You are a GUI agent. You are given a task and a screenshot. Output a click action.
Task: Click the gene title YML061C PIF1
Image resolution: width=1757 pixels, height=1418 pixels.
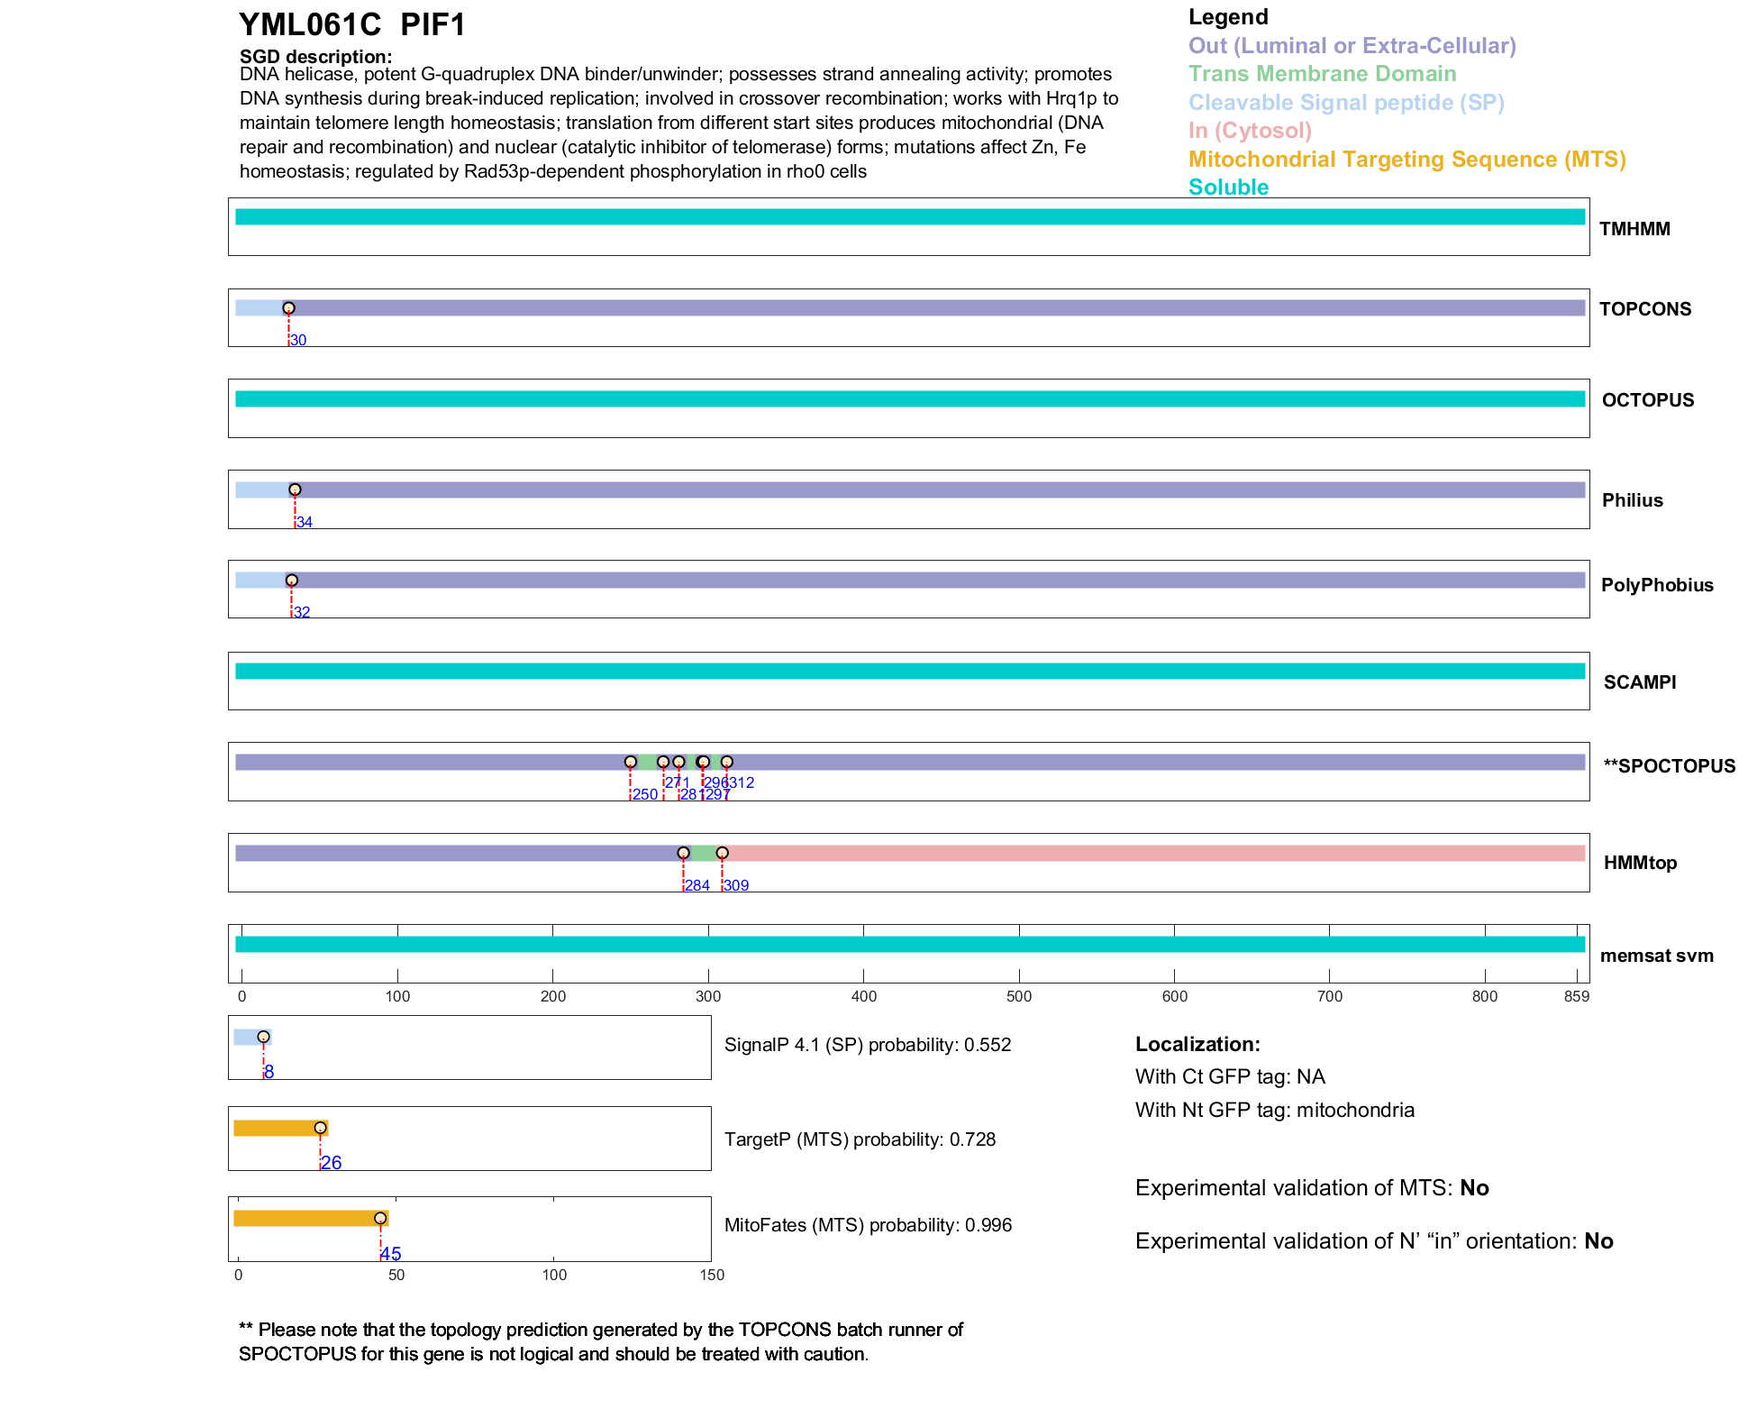click(x=352, y=25)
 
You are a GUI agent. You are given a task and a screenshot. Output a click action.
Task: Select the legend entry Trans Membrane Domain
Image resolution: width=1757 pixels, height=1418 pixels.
click(x=1322, y=74)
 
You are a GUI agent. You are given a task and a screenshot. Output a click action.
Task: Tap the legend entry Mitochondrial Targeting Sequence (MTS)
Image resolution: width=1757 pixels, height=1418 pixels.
click(x=1407, y=160)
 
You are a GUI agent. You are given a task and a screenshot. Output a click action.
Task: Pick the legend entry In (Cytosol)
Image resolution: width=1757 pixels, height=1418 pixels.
click(x=1250, y=131)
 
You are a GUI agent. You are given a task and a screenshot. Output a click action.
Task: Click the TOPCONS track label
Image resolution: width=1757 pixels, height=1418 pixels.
click(x=1644, y=309)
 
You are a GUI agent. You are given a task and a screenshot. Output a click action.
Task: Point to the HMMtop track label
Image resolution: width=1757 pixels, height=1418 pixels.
click(x=1640, y=863)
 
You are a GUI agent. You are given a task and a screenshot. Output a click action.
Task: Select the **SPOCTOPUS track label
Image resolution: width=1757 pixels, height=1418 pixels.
click(x=1669, y=766)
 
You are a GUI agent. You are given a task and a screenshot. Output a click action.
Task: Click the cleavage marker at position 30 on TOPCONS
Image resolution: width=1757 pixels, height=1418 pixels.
click(x=288, y=308)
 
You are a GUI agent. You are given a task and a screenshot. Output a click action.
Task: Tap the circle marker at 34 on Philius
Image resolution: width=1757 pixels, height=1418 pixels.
click(x=295, y=489)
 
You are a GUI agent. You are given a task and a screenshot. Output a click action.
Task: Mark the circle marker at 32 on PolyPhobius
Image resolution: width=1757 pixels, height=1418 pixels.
click(x=291, y=581)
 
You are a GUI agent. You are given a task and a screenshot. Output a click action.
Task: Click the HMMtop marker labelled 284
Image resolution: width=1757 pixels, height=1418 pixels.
click(x=683, y=853)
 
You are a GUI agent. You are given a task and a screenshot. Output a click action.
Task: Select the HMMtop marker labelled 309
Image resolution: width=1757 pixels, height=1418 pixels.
click(x=722, y=853)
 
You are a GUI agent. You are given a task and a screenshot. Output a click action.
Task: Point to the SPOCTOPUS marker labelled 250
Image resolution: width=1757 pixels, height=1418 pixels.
click(x=631, y=762)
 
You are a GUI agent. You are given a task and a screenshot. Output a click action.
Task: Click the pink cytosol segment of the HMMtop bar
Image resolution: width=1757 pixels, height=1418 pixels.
click(x=1153, y=854)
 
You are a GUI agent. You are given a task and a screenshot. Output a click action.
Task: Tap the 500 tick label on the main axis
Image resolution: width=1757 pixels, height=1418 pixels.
click(x=1019, y=996)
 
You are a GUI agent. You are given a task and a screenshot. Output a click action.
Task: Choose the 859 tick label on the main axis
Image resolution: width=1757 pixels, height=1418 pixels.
click(x=1577, y=996)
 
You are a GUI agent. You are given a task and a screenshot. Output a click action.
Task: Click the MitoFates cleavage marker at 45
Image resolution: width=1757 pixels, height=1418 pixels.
click(x=380, y=1218)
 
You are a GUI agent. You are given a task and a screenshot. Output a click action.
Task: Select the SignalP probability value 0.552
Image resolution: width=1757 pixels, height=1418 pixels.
click(x=988, y=1045)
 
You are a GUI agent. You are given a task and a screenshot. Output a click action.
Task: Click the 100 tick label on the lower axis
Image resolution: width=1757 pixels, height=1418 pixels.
click(x=554, y=1275)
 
